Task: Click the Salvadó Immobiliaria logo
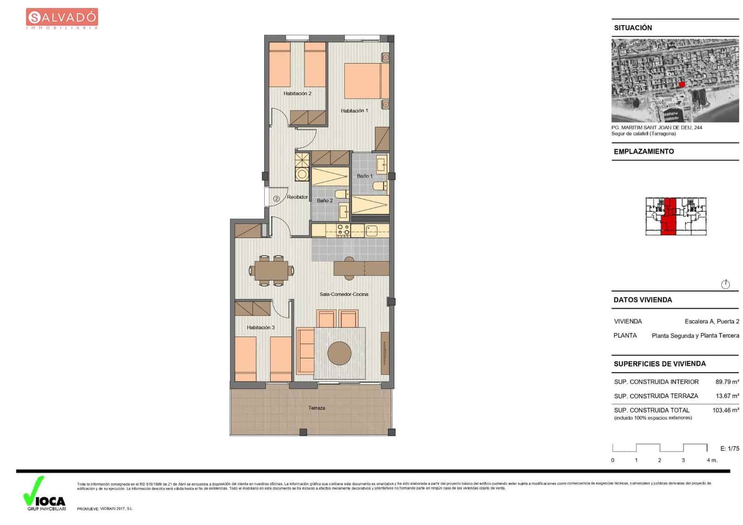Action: [62, 19]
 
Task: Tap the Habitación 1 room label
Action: [354, 111]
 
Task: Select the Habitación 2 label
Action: [297, 93]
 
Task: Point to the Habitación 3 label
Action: [261, 328]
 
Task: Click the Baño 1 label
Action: [365, 176]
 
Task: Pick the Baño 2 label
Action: [325, 201]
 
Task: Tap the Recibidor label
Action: [297, 197]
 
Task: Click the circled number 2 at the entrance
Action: [276, 198]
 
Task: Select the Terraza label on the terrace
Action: [317, 408]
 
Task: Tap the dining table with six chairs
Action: [271, 270]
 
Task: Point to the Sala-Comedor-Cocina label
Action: [344, 294]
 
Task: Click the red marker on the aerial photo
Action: [682, 84]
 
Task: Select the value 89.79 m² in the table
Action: [727, 382]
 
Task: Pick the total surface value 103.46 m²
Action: [725, 410]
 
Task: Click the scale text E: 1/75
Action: [730, 448]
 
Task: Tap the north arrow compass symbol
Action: [725, 284]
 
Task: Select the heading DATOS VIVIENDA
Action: [643, 300]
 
